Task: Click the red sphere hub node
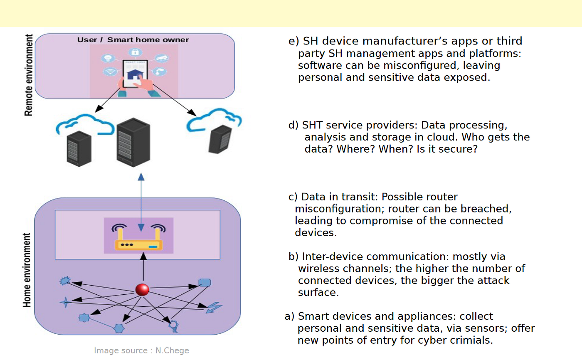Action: click(142, 290)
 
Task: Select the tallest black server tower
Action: click(133, 142)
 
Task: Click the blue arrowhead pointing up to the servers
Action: click(141, 177)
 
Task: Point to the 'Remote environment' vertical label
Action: click(28, 75)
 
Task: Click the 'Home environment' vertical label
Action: click(27, 270)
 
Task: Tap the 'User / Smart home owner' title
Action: click(133, 40)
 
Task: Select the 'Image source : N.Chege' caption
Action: click(141, 350)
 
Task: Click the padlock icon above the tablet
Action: click(135, 52)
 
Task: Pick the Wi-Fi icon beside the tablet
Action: click(110, 71)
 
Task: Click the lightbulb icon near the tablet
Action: click(108, 58)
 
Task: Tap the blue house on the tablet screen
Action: click(135, 74)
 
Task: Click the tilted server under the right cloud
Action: click(220, 139)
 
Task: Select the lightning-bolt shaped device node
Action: click(214, 308)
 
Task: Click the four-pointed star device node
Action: click(66, 302)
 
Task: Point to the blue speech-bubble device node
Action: click(205, 283)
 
